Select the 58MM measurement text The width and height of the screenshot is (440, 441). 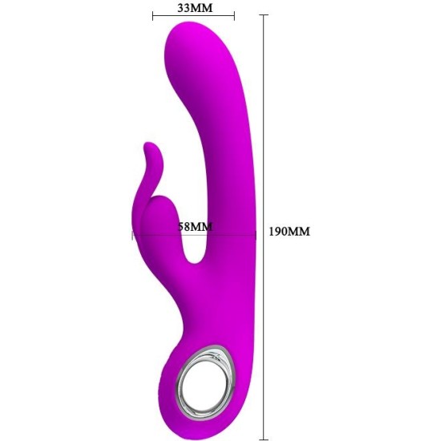(195, 227)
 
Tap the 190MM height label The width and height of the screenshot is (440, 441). (288, 232)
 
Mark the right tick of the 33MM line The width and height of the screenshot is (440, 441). (234, 16)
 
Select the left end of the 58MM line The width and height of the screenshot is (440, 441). (133, 235)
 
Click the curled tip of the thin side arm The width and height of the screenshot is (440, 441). (147, 148)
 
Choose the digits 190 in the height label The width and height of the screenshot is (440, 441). (278, 232)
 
